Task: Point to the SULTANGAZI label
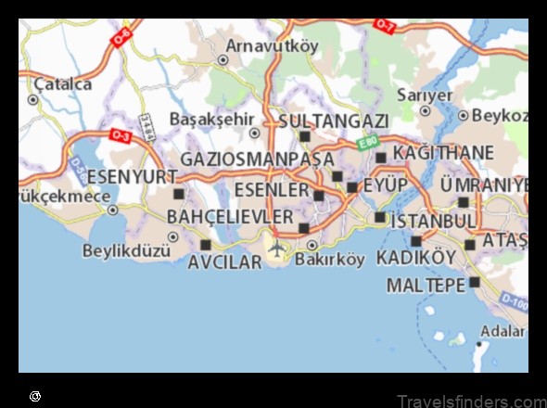click(x=333, y=121)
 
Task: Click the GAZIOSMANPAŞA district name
click(x=257, y=159)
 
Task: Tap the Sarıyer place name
click(x=425, y=95)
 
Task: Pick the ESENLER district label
click(x=271, y=189)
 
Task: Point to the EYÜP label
click(x=385, y=185)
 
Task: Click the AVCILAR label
click(x=224, y=262)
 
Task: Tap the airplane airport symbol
click(x=276, y=248)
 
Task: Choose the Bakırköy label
click(x=329, y=260)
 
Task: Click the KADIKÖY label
click(x=416, y=257)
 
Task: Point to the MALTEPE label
click(x=426, y=285)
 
